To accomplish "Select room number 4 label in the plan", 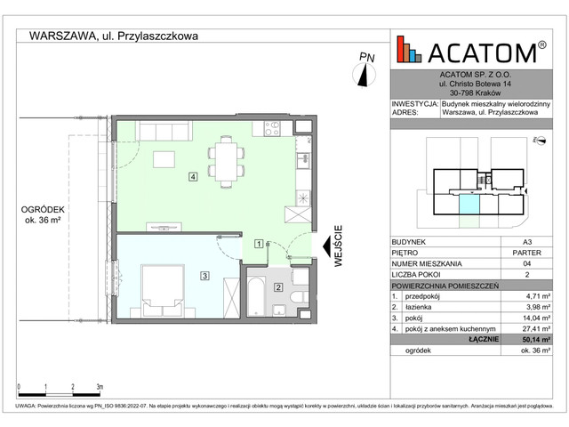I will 193,176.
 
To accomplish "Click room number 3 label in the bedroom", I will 204,276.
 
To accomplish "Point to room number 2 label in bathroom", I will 278,287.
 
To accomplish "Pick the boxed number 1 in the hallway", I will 258,243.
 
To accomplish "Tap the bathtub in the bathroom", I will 256,298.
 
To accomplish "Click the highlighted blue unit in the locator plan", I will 467,205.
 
